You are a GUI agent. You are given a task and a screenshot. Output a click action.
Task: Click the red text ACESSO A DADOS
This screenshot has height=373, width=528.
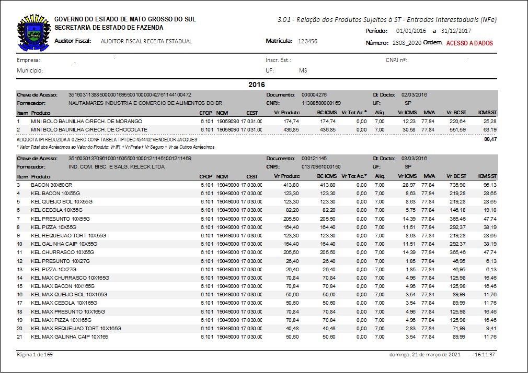click(x=469, y=43)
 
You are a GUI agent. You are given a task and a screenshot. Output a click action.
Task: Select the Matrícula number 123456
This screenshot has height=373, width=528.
click(x=307, y=41)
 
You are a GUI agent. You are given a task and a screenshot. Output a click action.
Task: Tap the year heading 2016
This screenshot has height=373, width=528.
click(x=257, y=85)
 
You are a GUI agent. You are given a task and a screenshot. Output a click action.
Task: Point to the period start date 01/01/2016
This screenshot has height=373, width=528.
click(x=411, y=31)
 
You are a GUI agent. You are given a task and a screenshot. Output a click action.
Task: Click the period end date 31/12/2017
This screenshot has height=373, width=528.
click(x=456, y=31)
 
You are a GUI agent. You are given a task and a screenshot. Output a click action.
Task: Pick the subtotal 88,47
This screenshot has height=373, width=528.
click(x=489, y=139)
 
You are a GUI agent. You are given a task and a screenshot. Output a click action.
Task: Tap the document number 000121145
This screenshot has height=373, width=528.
click(x=314, y=158)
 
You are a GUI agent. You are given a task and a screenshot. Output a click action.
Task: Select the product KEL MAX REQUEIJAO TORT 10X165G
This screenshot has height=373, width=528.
click(x=76, y=329)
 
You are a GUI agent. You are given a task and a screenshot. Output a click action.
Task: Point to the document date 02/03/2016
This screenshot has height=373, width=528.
click(x=415, y=95)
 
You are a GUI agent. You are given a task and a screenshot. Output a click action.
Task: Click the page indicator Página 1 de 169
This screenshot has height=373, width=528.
click(x=35, y=355)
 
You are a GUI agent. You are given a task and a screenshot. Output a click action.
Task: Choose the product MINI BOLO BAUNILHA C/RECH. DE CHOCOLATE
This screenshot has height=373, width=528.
click(x=89, y=129)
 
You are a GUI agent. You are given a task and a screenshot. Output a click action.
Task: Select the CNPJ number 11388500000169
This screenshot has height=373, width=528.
click(x=321, y=103)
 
